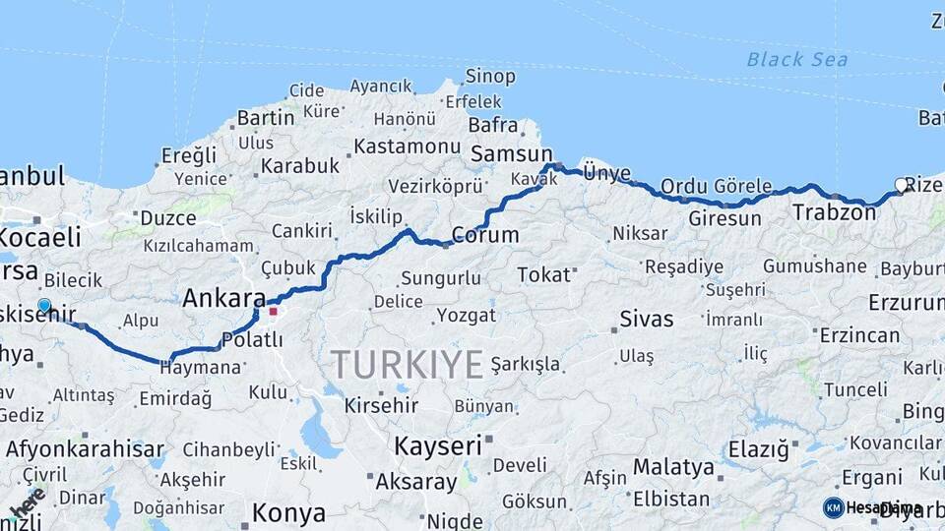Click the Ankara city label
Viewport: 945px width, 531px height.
point(224,298)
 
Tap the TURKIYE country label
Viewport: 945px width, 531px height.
point(407,364)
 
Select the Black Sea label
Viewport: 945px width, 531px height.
point(796,59)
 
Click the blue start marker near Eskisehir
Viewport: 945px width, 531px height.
point(44,306)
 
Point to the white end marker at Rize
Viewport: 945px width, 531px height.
point(901,185)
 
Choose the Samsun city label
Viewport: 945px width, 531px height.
point(512,154)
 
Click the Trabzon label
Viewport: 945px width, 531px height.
point(834,211)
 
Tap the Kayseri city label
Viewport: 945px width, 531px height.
point(439,445)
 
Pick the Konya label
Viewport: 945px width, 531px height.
point(288,512)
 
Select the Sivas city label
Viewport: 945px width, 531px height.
point(647,319)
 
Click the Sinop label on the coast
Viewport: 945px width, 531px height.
point(489,76)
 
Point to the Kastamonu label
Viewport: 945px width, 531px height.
point(407,146)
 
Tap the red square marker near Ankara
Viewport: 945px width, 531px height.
point(274,312)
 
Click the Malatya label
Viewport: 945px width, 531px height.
point(673,466)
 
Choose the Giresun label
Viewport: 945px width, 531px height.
point(724,218)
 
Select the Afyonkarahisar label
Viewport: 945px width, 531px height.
point(85,449)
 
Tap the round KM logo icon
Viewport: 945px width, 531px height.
point(833,507)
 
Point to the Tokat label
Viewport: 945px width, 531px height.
point(543,274)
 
